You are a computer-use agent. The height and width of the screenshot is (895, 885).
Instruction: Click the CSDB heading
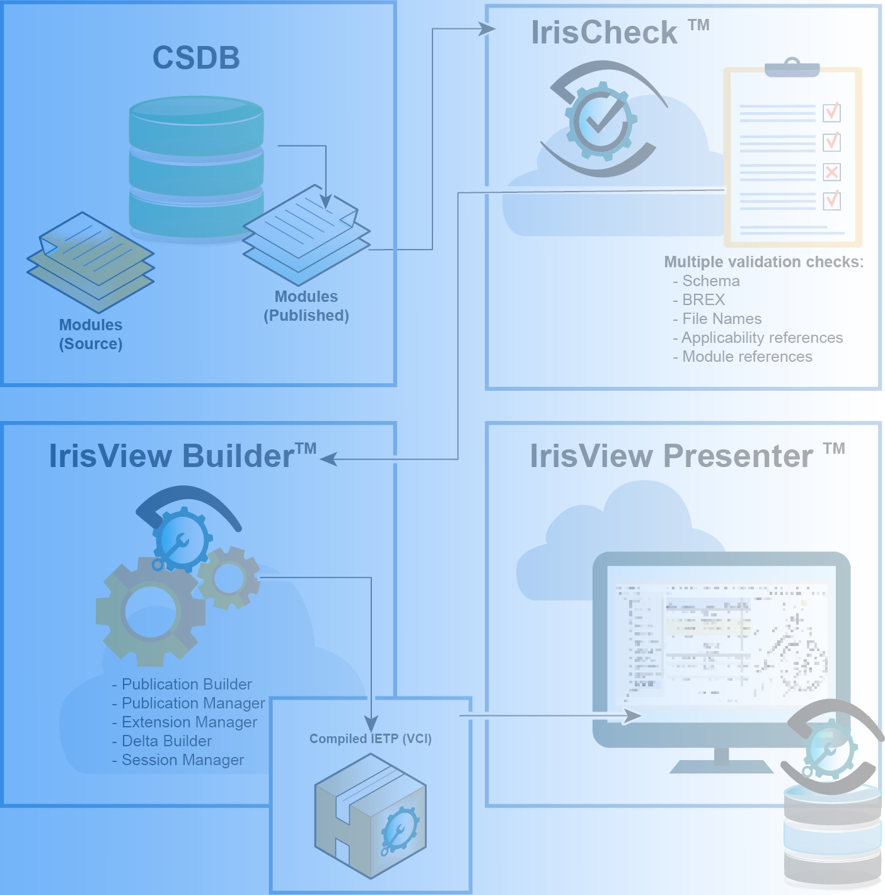(196, 58)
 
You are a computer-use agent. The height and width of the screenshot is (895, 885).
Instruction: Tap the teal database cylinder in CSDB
(196, 167)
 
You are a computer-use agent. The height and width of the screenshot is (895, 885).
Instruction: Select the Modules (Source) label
(91, 335)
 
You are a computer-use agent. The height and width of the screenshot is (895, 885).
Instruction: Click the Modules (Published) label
(306, 306)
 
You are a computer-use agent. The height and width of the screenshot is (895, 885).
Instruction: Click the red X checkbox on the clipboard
(831, 171)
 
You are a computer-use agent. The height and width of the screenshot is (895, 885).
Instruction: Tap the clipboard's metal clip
(792, 67)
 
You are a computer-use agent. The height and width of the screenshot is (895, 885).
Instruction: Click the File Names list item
(721, 319)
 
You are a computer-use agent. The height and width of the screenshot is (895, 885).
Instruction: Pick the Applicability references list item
(761, 338)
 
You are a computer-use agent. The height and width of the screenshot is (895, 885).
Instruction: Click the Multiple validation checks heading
(763, 262)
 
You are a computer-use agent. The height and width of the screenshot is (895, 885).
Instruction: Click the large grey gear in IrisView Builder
(151, 611)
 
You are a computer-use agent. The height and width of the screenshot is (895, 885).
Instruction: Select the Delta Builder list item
(166, 741)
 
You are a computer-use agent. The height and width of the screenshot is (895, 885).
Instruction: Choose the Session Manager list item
(182, 760)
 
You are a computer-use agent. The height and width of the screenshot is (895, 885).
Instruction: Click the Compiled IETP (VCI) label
(370, 739)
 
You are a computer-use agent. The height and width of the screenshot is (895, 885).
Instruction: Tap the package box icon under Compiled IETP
(370, 816)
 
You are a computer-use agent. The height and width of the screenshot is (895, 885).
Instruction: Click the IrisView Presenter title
(671, 456)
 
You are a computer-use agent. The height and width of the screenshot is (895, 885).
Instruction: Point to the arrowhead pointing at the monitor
(633, 716)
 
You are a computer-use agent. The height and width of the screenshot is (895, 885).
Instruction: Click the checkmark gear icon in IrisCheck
(601, 120)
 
